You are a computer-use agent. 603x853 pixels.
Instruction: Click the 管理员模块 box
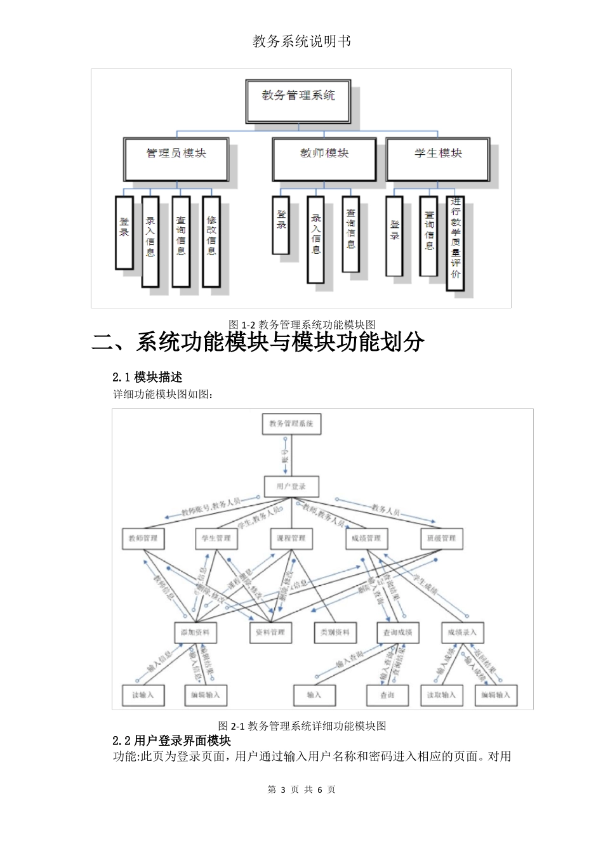pos(176,158)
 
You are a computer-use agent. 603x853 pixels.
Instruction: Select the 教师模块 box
pos(324,158)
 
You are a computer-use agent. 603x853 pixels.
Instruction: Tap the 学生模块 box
pos(438,158)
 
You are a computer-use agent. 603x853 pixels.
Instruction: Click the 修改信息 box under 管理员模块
pos(211,241)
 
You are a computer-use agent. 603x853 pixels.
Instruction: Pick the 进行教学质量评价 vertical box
pos(455,243)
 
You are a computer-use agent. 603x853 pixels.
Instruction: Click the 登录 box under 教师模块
pos(281,225)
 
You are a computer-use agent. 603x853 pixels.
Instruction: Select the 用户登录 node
pos(291,487)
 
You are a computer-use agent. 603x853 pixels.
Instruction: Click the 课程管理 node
pos(291,538)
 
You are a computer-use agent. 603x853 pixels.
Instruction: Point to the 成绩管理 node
pos(366,538)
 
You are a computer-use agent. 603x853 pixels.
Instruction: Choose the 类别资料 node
pos(335,632)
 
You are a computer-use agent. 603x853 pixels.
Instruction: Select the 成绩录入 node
pos(461,632)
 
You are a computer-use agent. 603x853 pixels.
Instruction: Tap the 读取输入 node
pos(441,695)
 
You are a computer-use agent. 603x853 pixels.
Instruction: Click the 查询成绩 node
pos(398,632)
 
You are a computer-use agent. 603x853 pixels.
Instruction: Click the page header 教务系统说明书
pos(301,42)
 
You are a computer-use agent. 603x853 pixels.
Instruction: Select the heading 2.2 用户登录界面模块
pos(171,741)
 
